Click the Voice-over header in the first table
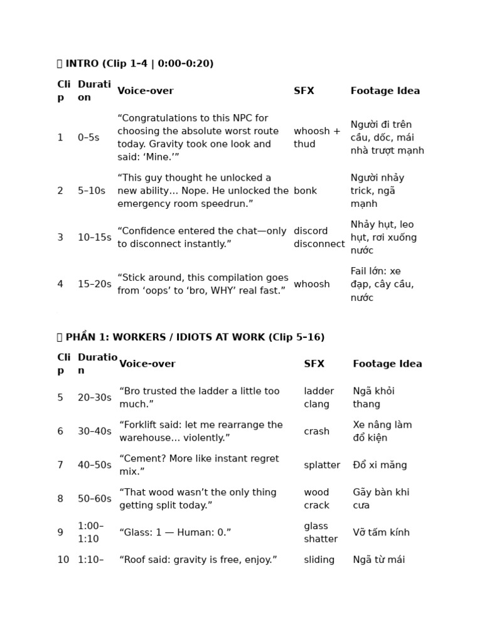(x=145, y=91)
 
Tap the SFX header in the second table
(x=314, y=364)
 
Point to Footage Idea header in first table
(x=385, y=91)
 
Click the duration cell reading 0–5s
(x=88, y=137)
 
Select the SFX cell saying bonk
(x=305, y=191)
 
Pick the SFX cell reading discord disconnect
(x=319, y=238)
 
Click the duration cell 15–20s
(x=94, y=284)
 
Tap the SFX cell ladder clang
(x=319, y=397)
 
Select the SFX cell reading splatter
(x=322, y=465)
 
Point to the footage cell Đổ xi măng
(x=380, y=465)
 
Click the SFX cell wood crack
(x=316, y=499)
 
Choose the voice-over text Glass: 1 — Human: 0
(x=175, y=532)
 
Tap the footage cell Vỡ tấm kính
(x=381, y=532)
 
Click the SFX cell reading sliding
(x=319, y=560)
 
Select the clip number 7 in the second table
(x=60, y=465)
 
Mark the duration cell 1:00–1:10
(x=90, y=532)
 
